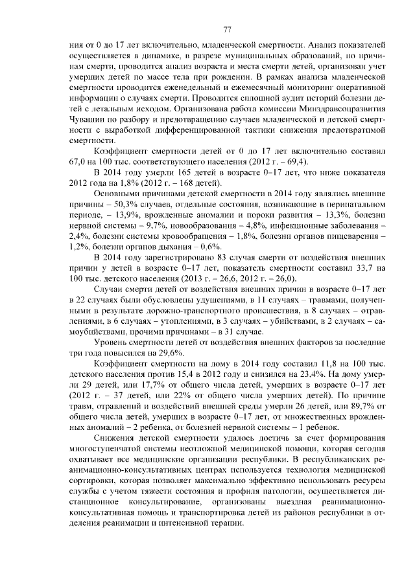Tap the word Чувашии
click(88, 120)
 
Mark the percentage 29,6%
click(167, 352)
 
